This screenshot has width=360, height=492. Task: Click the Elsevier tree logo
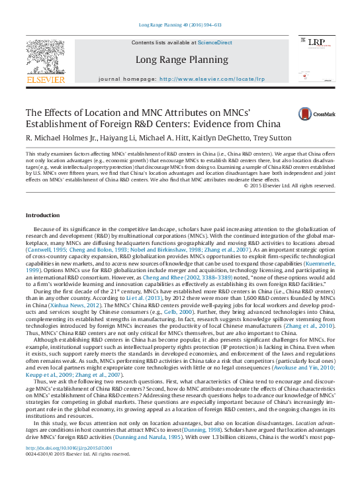coord(45,58)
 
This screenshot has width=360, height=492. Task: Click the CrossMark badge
coord(316,115)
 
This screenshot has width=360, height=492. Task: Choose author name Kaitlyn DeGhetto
coord(218,137)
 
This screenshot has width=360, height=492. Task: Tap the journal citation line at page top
coord(180,25)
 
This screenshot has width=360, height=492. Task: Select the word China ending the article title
coord(250,124)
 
